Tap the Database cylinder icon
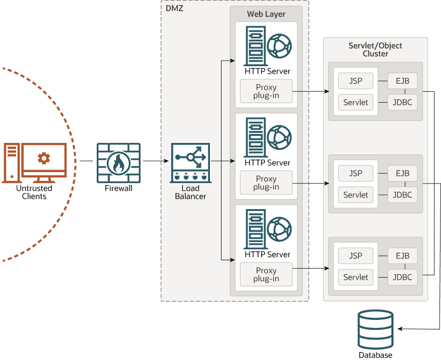pyautogui.click(x=376, y=329)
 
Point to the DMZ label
pyautogui.click(x=174, y=8)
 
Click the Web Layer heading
pyautogui.click(x=266, y=14)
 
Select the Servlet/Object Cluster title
pyautogui.click(x=375, y=50)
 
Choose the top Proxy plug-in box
pyautogui.click(x=266, y=91)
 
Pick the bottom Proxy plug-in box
pyautogui.click(x=266, y=274)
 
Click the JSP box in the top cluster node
pyautogui.click(x=356, y=81)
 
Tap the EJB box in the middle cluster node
pyautogui.click(x=402, y=173)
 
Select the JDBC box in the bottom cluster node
pyautogui.click(x=402, y=277)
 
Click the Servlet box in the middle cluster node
pyautogui.click(x=356, y=195)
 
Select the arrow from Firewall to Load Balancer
pyautogui.click(x=155, y=161)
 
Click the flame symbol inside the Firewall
pyautogui.click(x=118, y=163)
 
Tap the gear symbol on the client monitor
pyautogui.click(x=44, y=158)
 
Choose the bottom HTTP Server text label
pyautogui.click(x=267, y=255)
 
